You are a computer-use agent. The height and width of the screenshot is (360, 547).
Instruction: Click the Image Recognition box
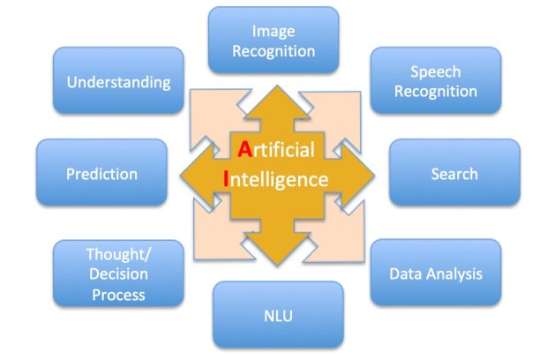point(273,41)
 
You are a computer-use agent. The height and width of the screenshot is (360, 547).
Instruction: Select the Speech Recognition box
point(435,80)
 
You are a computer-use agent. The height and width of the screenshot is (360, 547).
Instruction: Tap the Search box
point(454,173)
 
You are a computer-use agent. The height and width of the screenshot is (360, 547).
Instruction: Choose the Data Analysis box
point(436,274)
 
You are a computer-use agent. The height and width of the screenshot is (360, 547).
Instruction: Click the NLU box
point(278,315)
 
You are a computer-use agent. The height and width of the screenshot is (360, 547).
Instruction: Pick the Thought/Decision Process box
point(118,274)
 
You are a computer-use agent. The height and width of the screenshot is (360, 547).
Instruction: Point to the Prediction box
point(101,173)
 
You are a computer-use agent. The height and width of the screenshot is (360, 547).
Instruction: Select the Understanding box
point(118,81)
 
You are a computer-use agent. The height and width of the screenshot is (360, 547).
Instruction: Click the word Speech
point(435,71)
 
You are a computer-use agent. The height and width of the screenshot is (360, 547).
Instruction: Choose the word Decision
point(118,274)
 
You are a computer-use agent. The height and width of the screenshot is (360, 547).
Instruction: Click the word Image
point(273,32)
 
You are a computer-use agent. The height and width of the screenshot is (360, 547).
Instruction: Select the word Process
point(118,293)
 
